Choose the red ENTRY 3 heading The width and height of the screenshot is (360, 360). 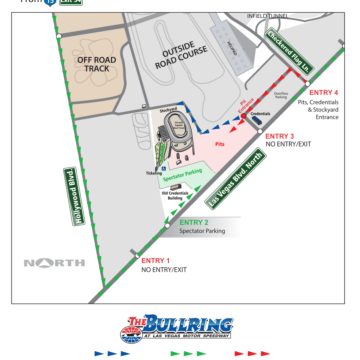pyautogui.click(x=279, y=135)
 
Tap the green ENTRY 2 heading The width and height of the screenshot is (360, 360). pyautogui.click(x=193, y=222)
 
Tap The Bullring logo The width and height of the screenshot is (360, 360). pyautogui.click(x=179, y=326)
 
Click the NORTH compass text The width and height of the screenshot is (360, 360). pyautogui.click(x=55, y=263)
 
